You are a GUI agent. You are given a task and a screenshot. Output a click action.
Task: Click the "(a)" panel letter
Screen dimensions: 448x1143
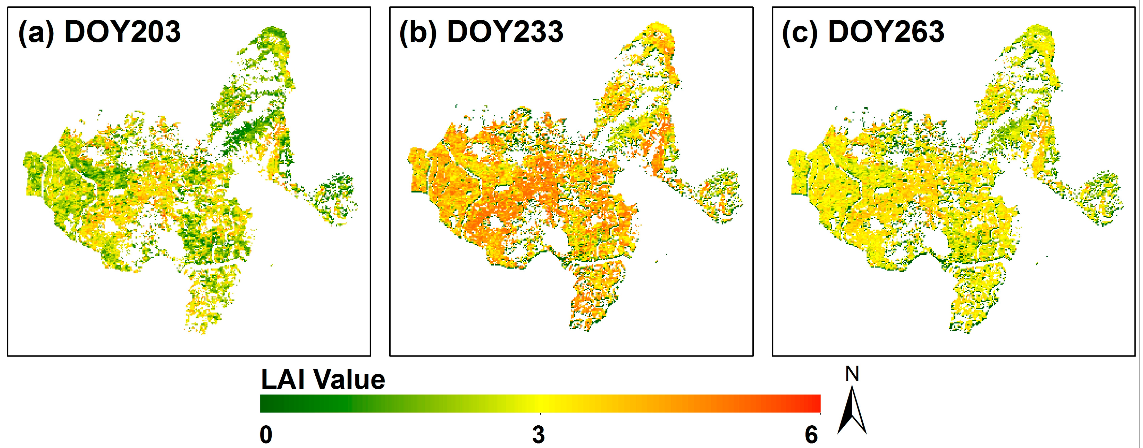[x=36, y=32]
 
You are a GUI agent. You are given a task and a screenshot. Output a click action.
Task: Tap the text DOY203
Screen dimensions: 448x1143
[x=122, y=32]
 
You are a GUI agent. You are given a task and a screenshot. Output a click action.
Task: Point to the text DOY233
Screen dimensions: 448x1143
[x=505, y=32]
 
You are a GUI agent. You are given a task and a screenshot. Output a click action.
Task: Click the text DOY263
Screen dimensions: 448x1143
[x=886, y=32]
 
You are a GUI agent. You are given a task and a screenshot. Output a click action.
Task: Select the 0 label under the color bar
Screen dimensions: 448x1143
[x=266, y=435]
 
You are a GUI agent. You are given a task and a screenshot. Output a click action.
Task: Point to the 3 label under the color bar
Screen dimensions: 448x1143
[x=539, y=435]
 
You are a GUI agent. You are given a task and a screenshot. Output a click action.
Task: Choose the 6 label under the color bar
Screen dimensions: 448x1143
[x=811, y=435]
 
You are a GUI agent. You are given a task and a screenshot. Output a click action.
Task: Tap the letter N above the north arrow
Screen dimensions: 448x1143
[x=852, y=374]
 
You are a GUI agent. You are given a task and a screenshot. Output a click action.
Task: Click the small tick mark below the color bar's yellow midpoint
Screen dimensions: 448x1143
[x=540, y=414]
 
